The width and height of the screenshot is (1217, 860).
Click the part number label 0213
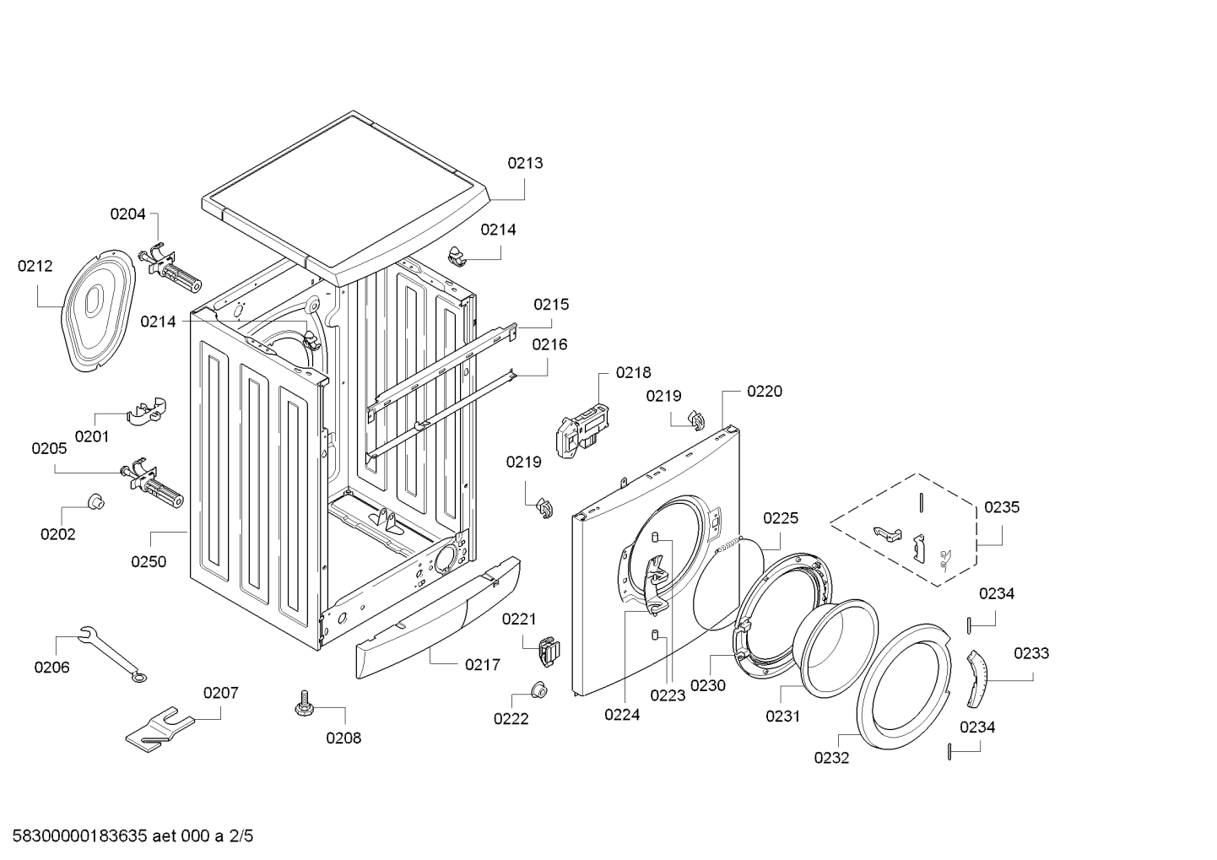coord(524,163)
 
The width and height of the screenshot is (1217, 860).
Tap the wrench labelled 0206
coord(111,653)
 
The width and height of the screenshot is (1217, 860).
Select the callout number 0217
coord(482,664)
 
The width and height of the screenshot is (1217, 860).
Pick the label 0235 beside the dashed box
coord(1002,507)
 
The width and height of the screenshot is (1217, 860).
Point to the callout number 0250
coord(148,561)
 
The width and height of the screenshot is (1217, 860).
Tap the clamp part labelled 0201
coord(147,409)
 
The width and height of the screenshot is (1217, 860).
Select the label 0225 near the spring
coord(781,518)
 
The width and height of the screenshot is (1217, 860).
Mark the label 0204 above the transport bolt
coord(127,214)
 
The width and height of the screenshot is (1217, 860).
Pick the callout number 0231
coord(782,716)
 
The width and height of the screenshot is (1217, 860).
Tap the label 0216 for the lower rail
coord(549,344)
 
